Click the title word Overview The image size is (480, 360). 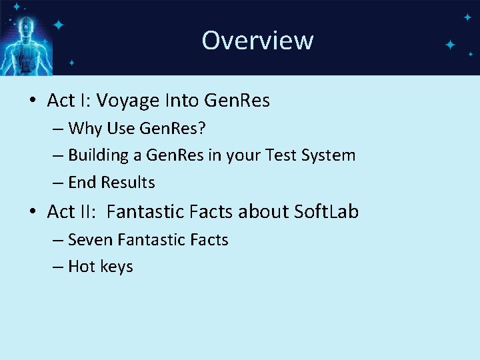[x=257, y=40]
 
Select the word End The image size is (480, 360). [x=81, y=183]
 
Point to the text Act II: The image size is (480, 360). [x=72, y=212]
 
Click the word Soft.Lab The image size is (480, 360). [x=326, y=212]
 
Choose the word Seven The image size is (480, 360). [x=89, y=240]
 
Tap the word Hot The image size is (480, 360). [x=82, y=267]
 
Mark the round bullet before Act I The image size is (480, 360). [x=32, y=101]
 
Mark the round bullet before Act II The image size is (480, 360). [x=32, y=213]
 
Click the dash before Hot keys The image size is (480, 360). [x=59, y=267]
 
